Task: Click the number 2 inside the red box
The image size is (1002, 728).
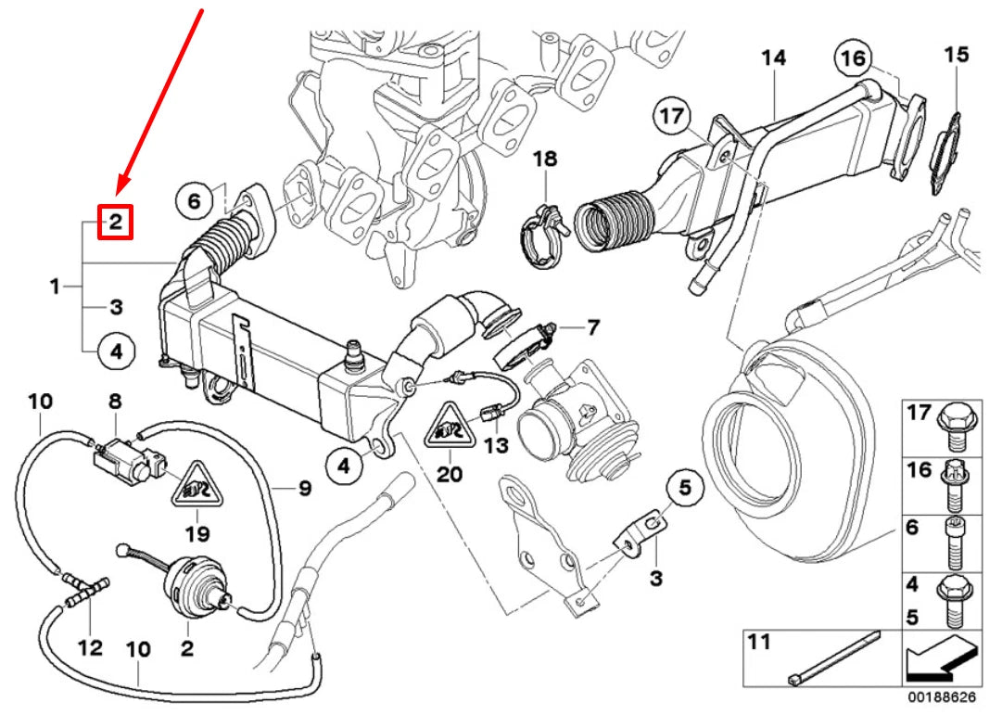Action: point(116,223)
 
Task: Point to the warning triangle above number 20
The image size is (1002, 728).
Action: point(449,428)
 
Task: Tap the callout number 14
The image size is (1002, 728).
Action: point(773,58)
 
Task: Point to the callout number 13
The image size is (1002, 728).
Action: point(496,446)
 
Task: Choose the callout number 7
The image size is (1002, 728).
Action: point(592,326)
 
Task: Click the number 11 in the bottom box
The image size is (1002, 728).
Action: point(760,642)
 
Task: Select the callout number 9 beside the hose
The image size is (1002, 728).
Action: point(304,487)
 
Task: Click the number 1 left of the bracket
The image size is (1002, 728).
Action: point(55,287)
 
